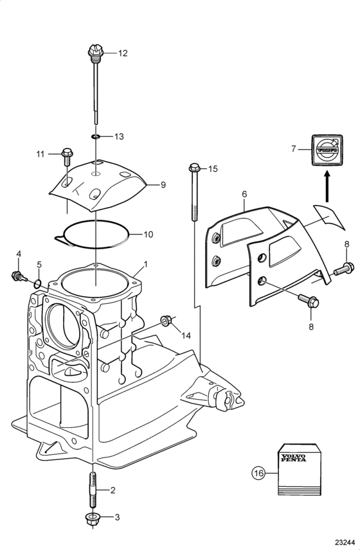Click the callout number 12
tap(122, 53)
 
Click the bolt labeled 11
tap(66, 157)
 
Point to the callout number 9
tap(163, 184)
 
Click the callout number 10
tap(148, 234)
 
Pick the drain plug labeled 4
tap(19, 276)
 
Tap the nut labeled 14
tap(166, 320)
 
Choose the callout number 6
tap(244, 194)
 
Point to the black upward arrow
tap(327, 186)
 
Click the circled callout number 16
tap(258, 473)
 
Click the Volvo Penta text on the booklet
tap(292, 457)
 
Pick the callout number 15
tap(213, 169)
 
